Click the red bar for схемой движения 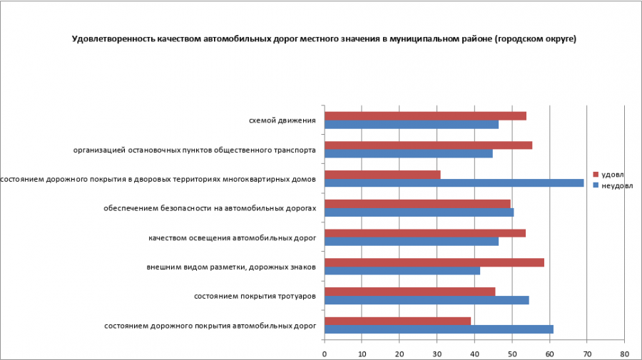tap(425, 116)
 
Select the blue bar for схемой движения tap(412, 125)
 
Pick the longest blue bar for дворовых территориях tap(454, 182)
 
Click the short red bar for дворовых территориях tap(382, 175)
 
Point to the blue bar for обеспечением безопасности tap(419, 212)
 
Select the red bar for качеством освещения tap(424, 233)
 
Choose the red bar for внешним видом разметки tap(434, 262)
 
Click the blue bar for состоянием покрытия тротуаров tap(427, 300)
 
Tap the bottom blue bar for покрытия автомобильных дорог tap(439, 329)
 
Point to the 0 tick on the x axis tap(325, 353)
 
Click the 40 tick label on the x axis tap(474, 353)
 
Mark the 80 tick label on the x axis tap(624, 353)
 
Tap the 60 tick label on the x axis tap(549, 353)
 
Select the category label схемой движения tap(282, 120)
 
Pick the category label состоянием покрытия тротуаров tap(255, 296)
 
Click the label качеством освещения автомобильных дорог tap(232, 237)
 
